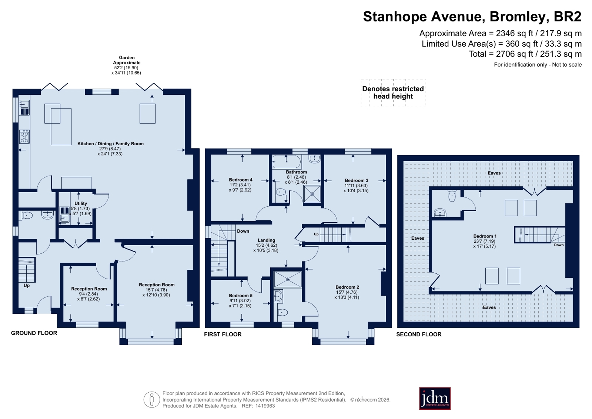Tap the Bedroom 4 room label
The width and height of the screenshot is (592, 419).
(241, 180)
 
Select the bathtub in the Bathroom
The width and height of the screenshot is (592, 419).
(287, 162)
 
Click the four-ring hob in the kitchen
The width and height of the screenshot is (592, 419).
(24, 137)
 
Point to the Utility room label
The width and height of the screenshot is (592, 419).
(81, 203)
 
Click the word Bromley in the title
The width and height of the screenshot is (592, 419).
(518, 16)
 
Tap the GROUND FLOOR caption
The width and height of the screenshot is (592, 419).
(34, 333)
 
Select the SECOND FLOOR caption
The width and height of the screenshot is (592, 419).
(419, 335)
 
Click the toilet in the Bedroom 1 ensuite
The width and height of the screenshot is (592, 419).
(452, 196)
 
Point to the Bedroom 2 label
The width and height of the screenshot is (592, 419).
(347, 287)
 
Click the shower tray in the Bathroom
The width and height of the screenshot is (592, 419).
(312, 194)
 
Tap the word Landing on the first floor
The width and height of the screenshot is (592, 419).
(267, 240)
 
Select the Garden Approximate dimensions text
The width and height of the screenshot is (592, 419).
(126, 65)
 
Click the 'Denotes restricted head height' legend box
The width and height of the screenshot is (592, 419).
(393, 93)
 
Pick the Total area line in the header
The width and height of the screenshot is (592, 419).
(525, 54)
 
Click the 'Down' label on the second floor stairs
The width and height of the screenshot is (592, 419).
(559, 245)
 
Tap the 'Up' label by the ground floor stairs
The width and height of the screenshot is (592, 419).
(27, 286)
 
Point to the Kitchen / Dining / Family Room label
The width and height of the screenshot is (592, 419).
(110, 144)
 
